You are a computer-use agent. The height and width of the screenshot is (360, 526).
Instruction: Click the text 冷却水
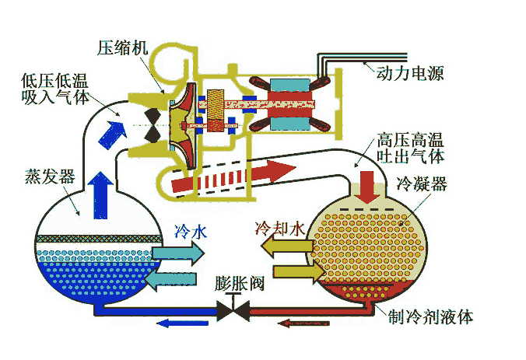280,230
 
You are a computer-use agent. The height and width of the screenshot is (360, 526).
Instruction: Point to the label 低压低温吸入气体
55,89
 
